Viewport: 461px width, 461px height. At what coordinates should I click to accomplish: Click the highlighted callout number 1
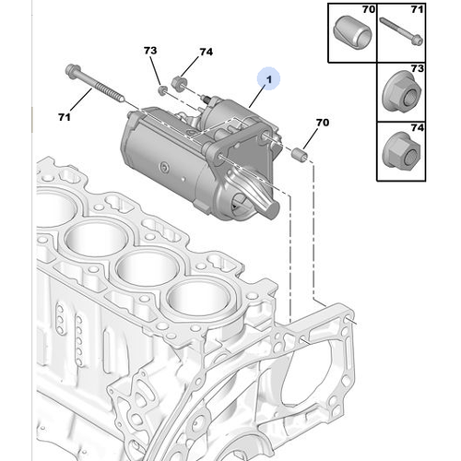click(269, 79)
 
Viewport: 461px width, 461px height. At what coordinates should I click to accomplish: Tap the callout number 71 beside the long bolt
click(65, 117)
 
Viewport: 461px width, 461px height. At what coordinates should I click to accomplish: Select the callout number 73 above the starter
click(150, 51)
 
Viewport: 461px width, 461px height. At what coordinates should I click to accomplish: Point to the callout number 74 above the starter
click(206, 52)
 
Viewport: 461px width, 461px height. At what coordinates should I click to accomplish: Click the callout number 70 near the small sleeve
click(323, 123)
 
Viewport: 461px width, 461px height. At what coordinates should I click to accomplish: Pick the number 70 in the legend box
click(369, 9)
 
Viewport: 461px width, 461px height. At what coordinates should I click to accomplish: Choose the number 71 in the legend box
click(417, 9)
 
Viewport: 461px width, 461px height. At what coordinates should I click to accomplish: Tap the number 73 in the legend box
click(418, 68)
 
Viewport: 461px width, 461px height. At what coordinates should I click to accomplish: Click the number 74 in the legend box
click(418, 127)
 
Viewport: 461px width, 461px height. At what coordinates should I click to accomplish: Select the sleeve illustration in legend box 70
click(352, 32)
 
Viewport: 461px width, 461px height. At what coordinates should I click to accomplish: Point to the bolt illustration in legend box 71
click(401, 31)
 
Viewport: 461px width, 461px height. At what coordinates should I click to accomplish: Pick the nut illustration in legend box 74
click(401, 150)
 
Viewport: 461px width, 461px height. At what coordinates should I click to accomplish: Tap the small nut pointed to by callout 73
click(162, 90)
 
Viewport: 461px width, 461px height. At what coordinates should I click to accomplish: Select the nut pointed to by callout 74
click(179, 82)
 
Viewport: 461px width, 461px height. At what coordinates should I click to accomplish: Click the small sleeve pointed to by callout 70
click(300, 154)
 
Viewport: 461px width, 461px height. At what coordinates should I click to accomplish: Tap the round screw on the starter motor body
click(164, 168)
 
